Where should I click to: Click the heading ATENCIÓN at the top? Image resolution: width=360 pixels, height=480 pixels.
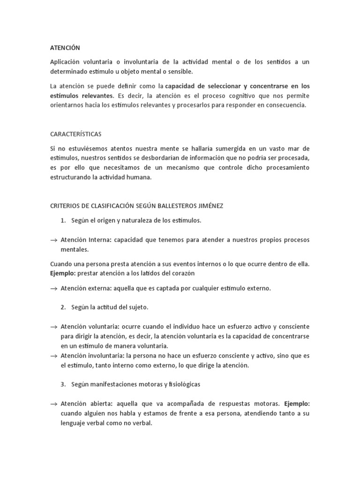pos(65,48)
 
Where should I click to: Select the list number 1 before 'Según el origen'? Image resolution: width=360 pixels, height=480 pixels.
pos(63,220)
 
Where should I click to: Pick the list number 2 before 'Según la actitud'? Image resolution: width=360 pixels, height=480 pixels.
pos(63,307)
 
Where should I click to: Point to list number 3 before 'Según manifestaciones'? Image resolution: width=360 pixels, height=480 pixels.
pos(63,384)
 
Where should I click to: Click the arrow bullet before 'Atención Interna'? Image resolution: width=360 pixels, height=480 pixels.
pos(53,240)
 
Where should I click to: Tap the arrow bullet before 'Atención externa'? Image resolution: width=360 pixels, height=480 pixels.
pos(53,289)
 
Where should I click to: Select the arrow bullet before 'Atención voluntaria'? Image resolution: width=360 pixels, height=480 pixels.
pos(53,326)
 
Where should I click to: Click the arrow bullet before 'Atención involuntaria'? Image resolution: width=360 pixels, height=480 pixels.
pos(53,356)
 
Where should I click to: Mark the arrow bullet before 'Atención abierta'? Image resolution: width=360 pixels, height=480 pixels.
pos(53,404)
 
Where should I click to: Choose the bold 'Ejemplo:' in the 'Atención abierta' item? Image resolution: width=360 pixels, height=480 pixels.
pos(297,403)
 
